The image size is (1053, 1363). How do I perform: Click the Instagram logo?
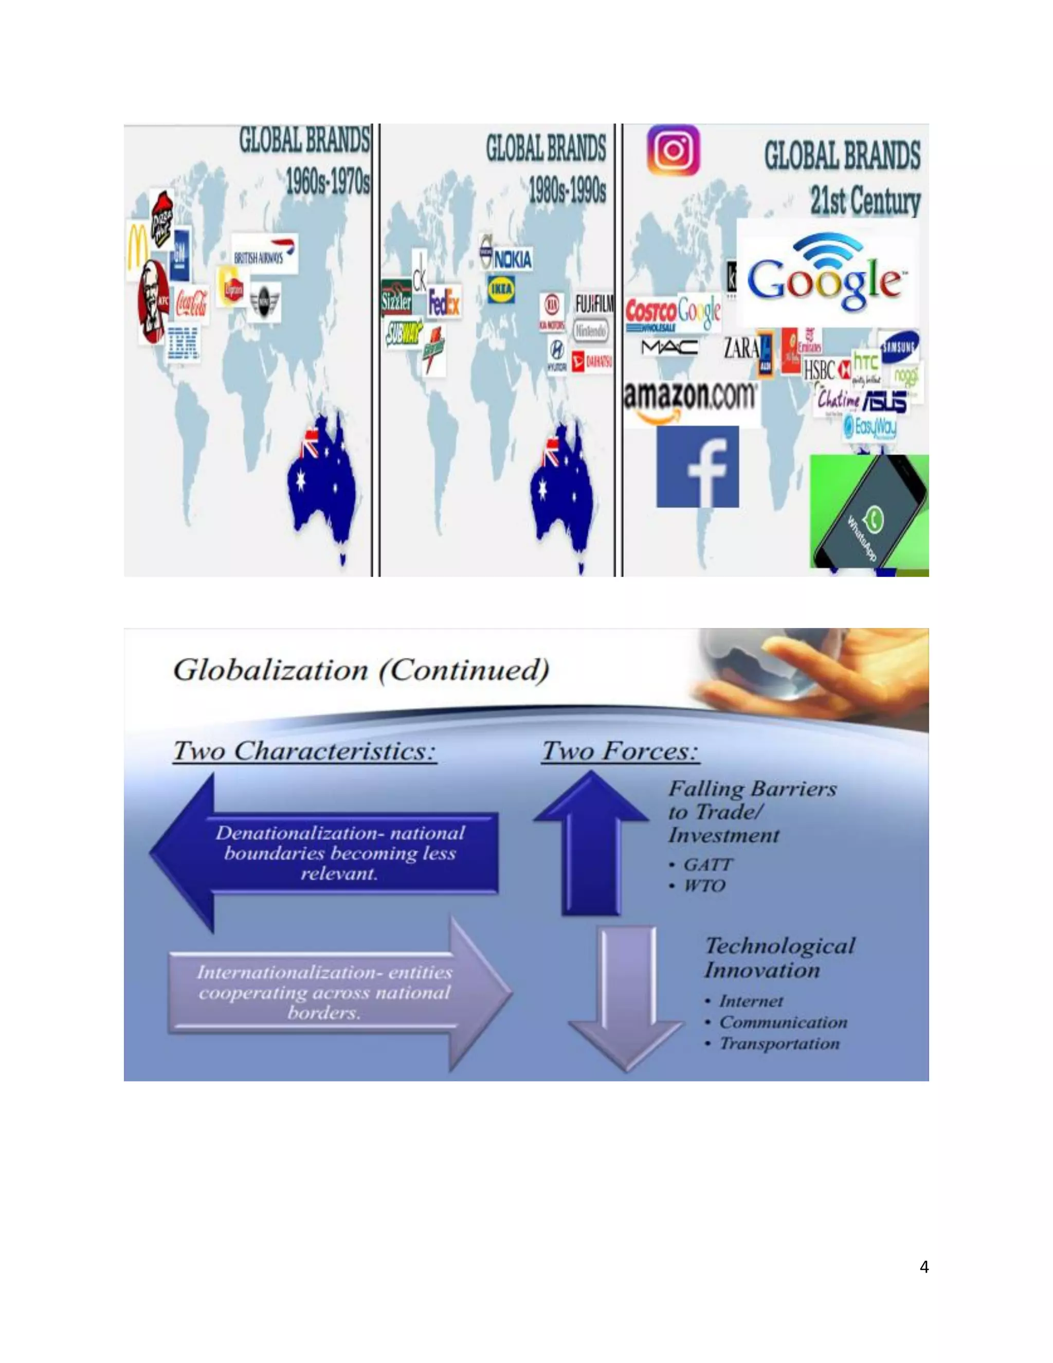(673, 150)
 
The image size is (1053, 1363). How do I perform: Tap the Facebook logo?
(697, 467)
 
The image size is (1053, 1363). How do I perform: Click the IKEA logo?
(501, 289)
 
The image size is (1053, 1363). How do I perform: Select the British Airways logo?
(264, 254)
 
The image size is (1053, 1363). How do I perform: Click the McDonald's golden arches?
(138, 246)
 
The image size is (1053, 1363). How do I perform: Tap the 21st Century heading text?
(865, 201)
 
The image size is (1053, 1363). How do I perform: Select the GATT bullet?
(707, 865)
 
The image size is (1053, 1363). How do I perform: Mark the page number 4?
(924, 1267)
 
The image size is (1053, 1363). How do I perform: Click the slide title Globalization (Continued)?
(361, 670)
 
